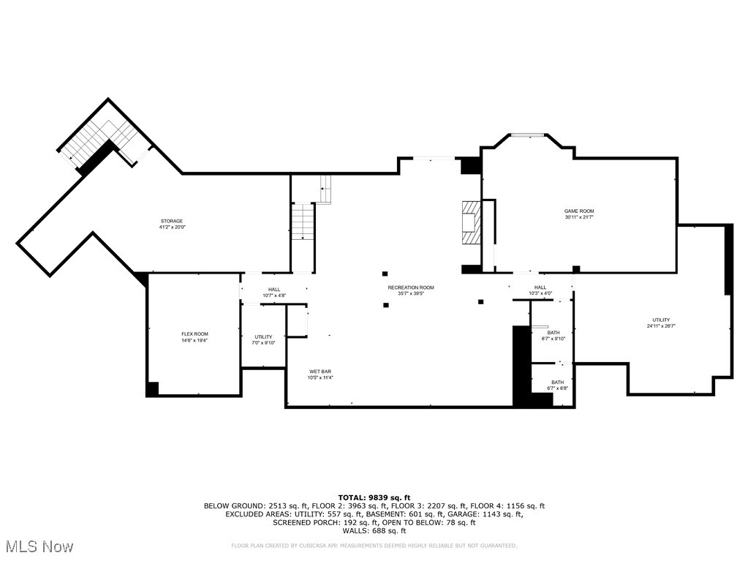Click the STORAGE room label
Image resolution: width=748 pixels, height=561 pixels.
172,224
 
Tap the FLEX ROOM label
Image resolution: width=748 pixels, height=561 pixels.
194,337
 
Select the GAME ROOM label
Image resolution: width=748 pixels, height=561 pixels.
578,214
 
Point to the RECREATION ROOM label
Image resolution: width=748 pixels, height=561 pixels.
410,290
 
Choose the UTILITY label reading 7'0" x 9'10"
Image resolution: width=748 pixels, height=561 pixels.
263,339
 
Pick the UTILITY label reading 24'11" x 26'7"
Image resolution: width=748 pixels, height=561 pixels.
661,323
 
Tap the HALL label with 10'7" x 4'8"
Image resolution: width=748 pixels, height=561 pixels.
274,293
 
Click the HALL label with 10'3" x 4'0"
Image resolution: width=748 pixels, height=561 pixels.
540,290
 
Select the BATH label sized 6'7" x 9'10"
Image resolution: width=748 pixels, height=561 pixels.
554,336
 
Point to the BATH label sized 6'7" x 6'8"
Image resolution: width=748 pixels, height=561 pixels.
557,385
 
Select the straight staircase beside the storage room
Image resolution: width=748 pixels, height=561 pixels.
303,222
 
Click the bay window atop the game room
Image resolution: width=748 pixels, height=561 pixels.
526,135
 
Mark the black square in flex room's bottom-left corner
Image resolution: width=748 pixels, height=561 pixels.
152,389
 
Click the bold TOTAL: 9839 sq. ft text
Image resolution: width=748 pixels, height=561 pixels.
374,497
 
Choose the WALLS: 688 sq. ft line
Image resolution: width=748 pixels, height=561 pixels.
374,531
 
